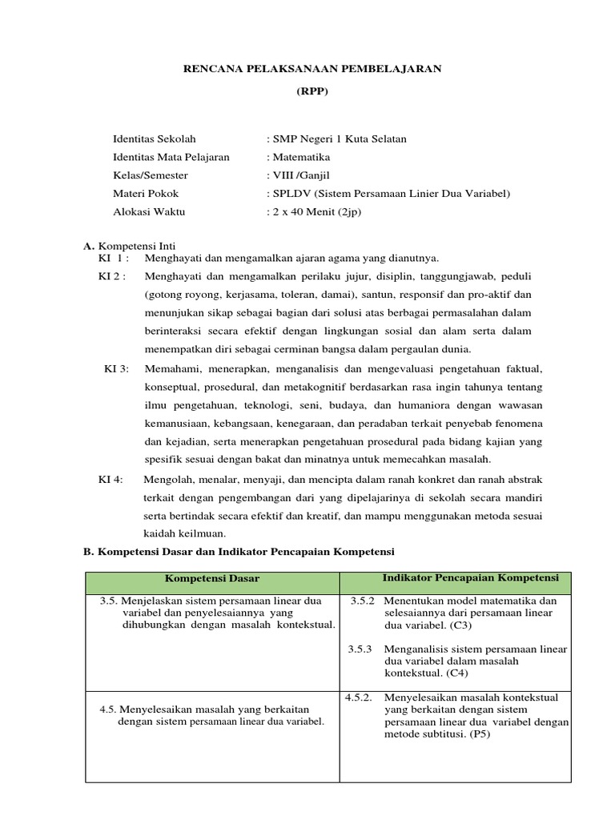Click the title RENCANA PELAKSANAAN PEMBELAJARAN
(x=312, y=69)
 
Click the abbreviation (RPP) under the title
(x=312, y=91)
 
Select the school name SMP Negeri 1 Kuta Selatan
(x=339, y=139)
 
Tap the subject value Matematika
(x=301, y=157)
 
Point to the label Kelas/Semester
(x=151, y=175)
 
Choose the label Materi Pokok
(x=146, y=194)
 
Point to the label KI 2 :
(x=112, y=276)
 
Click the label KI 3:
(x=117, y=368)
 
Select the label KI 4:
(x=111, y=479)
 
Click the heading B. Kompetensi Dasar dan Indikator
(x=239, y=552)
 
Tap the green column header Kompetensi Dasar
(x=212, y=578)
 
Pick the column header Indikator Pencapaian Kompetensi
(x=471, y=577)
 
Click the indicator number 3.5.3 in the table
(x=360, y=649)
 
